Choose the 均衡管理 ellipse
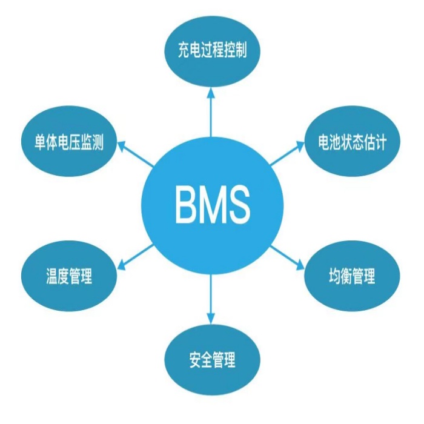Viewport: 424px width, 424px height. pos(351,277)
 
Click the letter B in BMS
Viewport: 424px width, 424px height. pos(184,204)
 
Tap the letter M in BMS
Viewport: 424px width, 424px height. pos(211,204)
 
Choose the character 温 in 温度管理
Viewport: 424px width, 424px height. pos(52,277)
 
